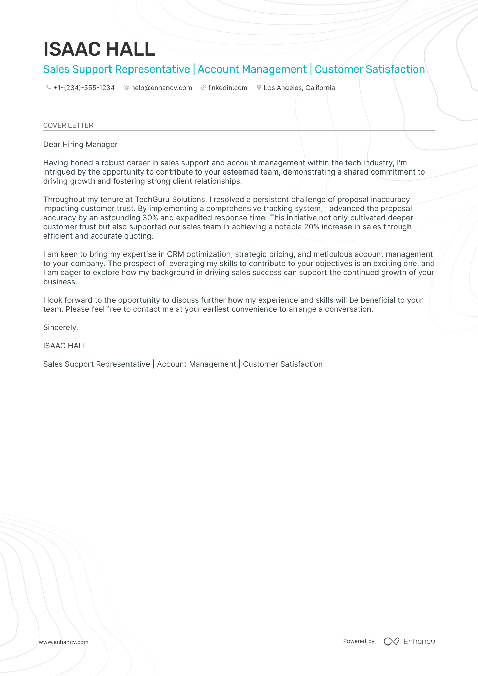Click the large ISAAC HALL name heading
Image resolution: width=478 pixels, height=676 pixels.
(x=99, y=49)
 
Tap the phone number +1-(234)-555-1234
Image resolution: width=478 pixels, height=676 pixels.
(x=84, y=88)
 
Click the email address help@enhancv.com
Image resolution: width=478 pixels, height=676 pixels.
(x=161, y=88)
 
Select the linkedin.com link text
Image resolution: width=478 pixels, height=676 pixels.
(x=227, y=88)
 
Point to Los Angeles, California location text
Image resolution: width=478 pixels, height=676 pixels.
(x=299, y=88)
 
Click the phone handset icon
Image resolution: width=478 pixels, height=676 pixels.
(x=48, y=88)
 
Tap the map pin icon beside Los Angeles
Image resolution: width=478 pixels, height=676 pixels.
(x=259, y=88)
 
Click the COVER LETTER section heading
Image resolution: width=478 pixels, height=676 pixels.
(x=68, y=125)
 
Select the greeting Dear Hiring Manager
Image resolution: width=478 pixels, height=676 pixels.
(x=80, y=145)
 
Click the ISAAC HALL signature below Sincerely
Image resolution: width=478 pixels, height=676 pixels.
(x=65, y=346)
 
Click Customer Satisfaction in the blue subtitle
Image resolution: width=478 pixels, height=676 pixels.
(x=370, y=69)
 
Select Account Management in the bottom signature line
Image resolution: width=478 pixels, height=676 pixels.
(x=196, y=364)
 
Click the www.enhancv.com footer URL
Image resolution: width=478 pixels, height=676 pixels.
(x=63, y=642)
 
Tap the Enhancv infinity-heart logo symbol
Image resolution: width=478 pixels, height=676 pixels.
(x=391, y=641)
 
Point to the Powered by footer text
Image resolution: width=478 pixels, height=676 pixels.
(x=359, y=641)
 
